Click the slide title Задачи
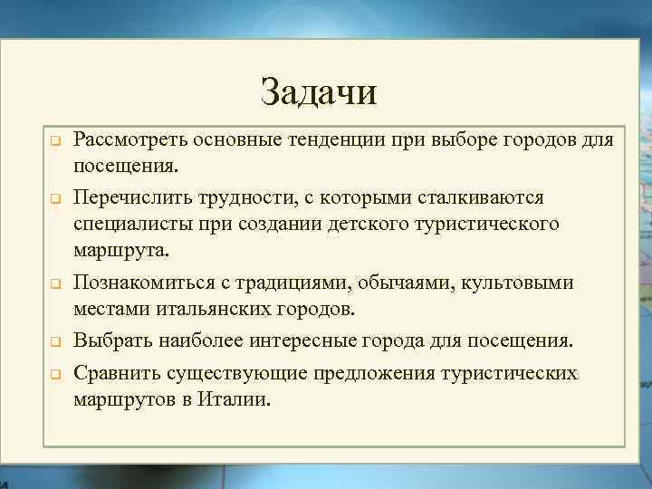317,91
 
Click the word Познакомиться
140,282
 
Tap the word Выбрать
110,341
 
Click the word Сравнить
113,372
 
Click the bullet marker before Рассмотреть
53,142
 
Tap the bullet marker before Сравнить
53,374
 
